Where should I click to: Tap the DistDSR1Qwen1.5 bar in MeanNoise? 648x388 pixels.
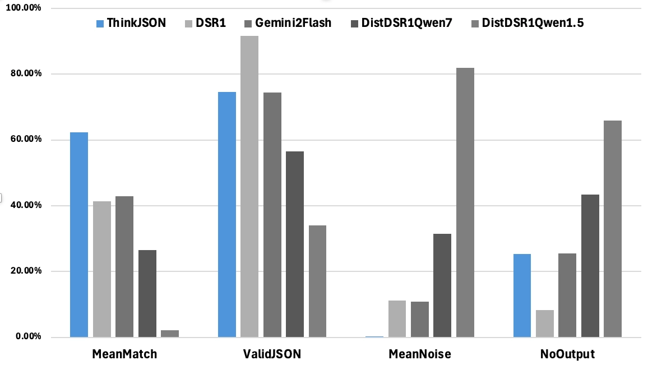point(465,202)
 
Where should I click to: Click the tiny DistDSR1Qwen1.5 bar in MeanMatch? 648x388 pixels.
point(170,334)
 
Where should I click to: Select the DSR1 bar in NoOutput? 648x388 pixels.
point(545,324)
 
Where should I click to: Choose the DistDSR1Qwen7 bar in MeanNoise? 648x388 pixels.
point(442,285)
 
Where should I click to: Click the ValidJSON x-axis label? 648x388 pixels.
point(272,354)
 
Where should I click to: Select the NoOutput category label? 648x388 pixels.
point(567,354)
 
